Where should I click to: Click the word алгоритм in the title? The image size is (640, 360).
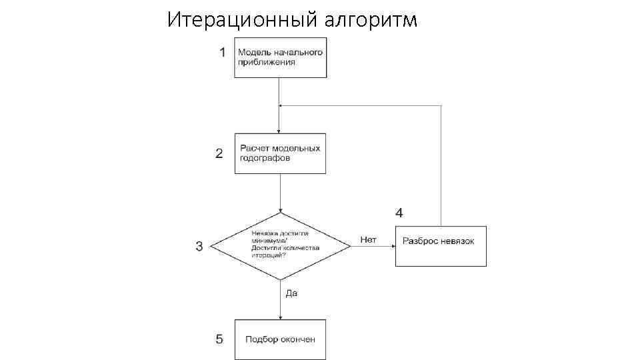pyautogui.click(x=371, y=21)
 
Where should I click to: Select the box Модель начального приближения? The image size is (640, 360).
pyautogui.click(x=280, y=59)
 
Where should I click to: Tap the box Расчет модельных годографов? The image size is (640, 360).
pyautogui.click(x=280, y=153)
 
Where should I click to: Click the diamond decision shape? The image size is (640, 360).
pyautogui.click(x=281, y=246)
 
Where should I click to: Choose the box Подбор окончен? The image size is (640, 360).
pyautogui.click(x=280, y=339)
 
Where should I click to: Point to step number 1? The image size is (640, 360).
pyautogui.click(x=223, y=52)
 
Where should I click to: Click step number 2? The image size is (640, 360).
pyautogui.click(x=219, y=153)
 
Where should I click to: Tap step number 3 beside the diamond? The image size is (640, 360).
pyautogui.click(x=199, y=247)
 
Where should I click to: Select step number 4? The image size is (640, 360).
pyautogui.click(x=399, y=213)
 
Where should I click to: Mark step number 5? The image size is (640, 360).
pyautogui.click(x=219, y=339)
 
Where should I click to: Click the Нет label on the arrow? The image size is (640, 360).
pyautogui.click(x=369, y=239)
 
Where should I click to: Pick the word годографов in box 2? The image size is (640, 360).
pyautogui.click(x=265, y=159)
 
